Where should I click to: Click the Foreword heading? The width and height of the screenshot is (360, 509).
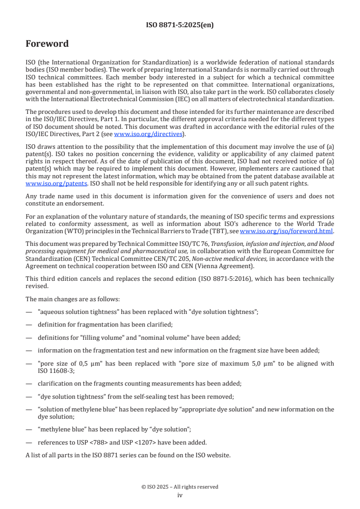(47, 44)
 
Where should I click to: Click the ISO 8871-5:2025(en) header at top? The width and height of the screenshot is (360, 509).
(180, 25)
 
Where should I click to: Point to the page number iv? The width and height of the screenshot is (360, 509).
(180, 495)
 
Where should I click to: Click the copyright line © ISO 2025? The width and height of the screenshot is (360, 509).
(180, 487)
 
